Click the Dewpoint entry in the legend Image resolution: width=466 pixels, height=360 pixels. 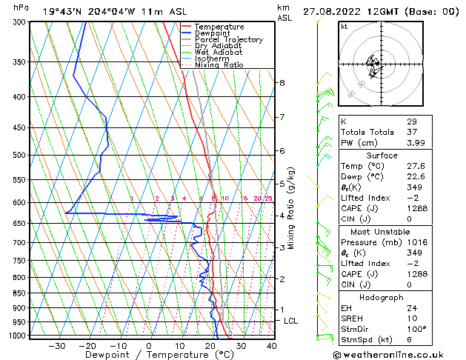tap(214, 33)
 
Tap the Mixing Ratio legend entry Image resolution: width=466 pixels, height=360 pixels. tap(219, 65)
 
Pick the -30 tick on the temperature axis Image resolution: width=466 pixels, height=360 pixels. tap(56, 346)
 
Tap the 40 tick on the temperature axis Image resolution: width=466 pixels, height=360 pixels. tap(272, 346)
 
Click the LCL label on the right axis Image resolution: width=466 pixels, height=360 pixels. tap(291, 321)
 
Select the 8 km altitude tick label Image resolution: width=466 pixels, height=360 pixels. tap(282, 83)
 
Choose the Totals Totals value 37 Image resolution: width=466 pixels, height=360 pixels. tap(411, 132)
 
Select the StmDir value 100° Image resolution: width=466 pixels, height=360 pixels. tap(416, 329)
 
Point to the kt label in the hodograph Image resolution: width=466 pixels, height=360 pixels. tap(344, 27)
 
